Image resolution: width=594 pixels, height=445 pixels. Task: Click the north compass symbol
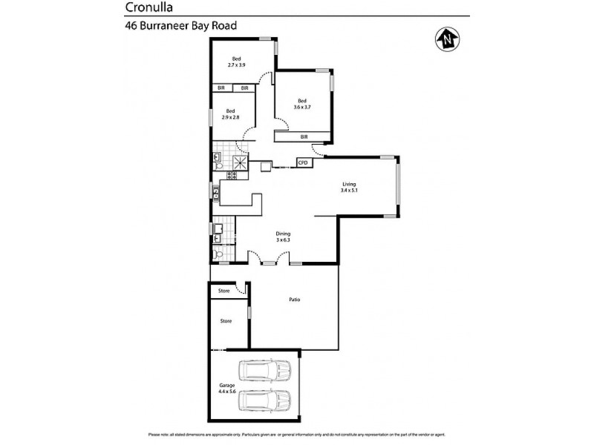[447, 39]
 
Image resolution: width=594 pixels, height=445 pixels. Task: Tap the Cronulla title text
[148, 8]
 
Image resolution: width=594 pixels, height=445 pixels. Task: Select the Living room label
[349, 184]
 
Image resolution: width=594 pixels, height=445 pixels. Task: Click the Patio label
[295, 300]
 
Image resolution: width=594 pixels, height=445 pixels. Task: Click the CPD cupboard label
[303, 162]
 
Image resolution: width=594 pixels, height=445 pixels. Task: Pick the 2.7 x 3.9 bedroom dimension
[236, 65]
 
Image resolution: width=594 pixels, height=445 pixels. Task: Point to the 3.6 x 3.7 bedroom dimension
[303, 107]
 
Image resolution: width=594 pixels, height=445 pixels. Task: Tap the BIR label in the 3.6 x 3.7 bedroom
[304, 137]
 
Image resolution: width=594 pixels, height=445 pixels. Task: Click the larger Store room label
[226, 321]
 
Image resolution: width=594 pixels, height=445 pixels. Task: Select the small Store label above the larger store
[223, 291]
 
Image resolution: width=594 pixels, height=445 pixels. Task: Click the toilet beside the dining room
[218, 255]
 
